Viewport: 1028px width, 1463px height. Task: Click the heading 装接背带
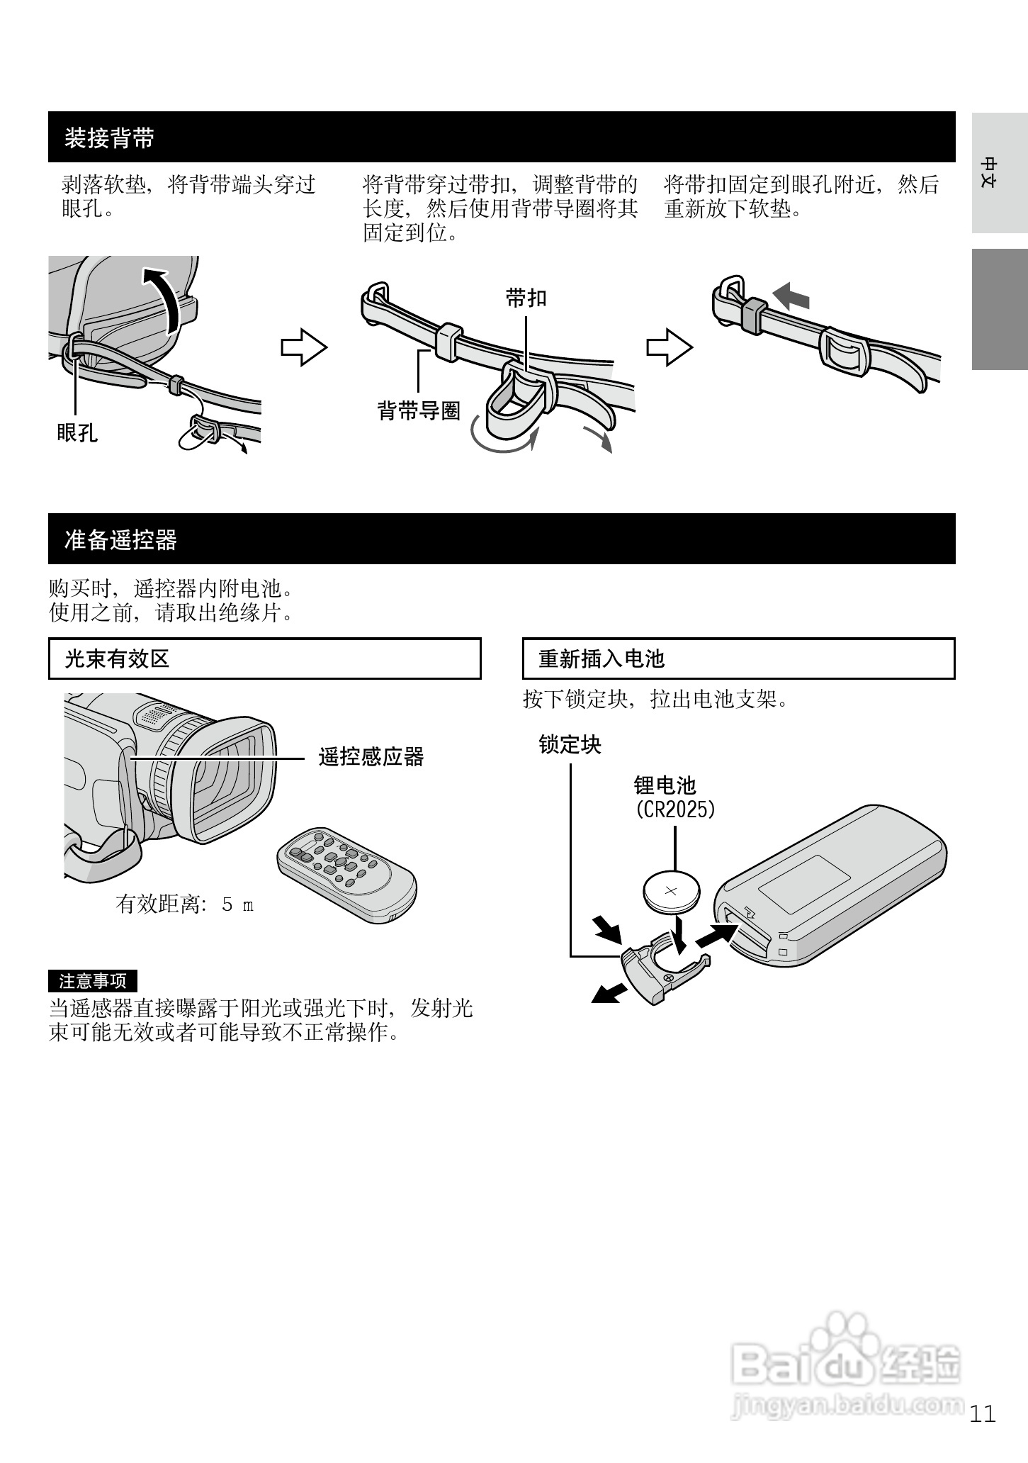[109, 138]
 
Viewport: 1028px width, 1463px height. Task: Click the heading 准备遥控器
[120, 540]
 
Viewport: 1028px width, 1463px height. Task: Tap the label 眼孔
[77, 432]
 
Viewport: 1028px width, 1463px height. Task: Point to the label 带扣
[526, 298]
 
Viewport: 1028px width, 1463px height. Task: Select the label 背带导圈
[419, 410]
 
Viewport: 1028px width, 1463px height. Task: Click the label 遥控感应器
[371, 757]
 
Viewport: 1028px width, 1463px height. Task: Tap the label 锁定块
[570, 745]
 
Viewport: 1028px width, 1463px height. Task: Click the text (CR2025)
[675, 809]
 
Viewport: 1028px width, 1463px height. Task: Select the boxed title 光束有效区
[118, 659]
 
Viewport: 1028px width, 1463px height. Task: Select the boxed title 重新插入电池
[601, 659]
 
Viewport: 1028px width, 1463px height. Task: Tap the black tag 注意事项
[93, 981]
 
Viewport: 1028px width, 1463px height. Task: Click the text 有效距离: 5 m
[184, 904]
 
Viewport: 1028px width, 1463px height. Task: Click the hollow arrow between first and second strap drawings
[304, 347]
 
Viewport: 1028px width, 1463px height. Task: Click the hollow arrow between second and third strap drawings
[669, 347]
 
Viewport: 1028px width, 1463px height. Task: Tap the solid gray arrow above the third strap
[791, 295]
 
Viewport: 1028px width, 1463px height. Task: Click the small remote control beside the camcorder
[346, 873]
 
